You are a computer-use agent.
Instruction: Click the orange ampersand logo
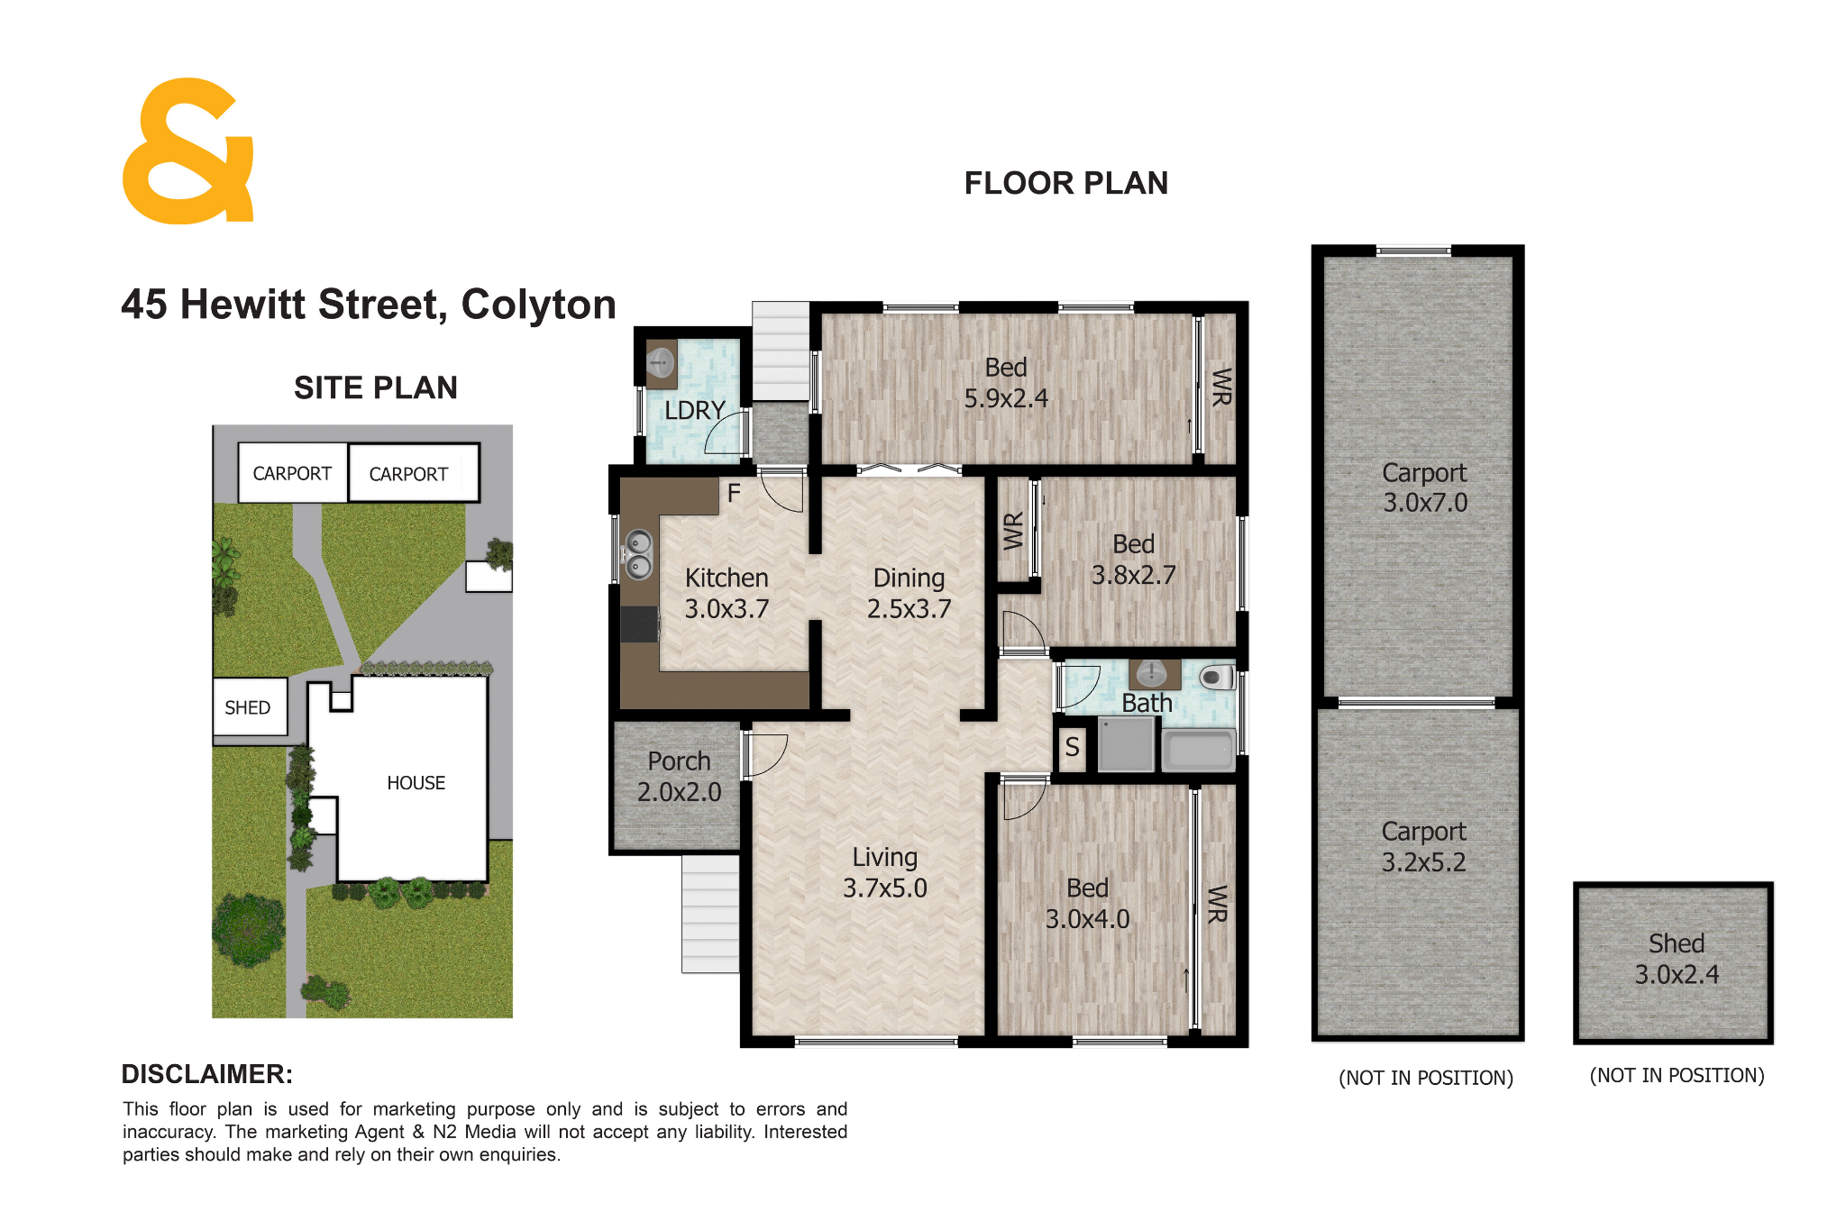[x=188, y=151]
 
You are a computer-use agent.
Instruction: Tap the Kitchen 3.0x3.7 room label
[x=727, y=593]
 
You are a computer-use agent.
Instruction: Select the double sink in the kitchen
[x=638, y=554]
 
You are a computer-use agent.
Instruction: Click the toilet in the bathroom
[x=1217, y=676]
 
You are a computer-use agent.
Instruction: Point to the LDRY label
[x=694, y=411]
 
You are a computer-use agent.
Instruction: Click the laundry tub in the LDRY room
[x=662, y=362]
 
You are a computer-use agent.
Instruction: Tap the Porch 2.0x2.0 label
[x=679, y=777]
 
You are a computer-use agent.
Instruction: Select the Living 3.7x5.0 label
[x=884, y=872]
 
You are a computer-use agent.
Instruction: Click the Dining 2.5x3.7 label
[x=909, y=593]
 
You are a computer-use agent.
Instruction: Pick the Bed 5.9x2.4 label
[x=1006, y=383]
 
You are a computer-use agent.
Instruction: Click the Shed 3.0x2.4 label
[x=1677, y=959]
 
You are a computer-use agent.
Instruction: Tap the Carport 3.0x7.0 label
[x=1425, y=487]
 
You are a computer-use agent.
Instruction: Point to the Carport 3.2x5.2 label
[x=1424, y=846]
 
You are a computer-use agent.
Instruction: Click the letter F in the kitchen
[x=734, y=493]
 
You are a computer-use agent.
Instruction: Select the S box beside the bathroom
[x=1072, y=747]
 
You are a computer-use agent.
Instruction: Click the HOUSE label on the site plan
[x=416, y=783]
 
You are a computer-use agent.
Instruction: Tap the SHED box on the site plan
[x=250, y=707]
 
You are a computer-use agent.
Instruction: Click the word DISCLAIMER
[x=206, y=1074]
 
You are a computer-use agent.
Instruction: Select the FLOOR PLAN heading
[x=1066, y=184]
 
